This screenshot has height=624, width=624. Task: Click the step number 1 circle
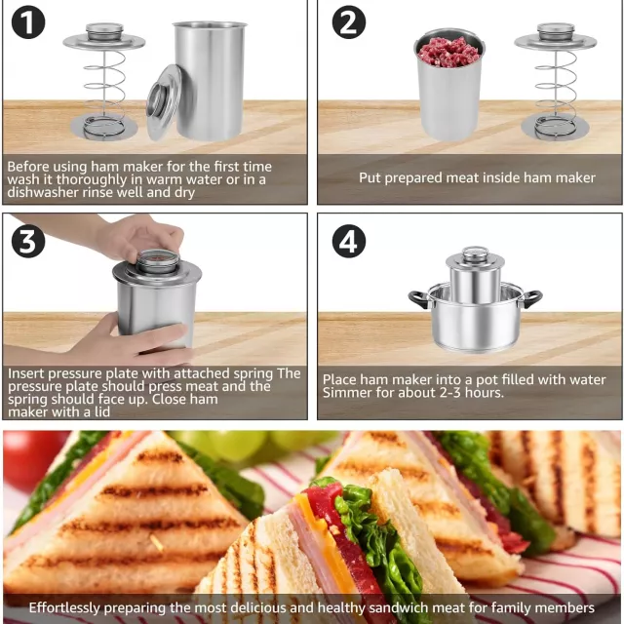click(x=28, y=22)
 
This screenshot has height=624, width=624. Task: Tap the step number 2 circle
click(x=349, y=22)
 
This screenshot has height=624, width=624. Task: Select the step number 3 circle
click(x=28, y=241)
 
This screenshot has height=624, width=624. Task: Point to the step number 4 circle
click(x=349, y=241)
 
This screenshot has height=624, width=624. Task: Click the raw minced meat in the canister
click(x=448, y=52)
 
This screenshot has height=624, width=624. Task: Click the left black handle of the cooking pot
click(x=418, y=298)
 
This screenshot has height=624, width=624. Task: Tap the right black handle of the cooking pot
click(x=532, y=298)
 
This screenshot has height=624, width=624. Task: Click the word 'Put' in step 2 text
click(x=370, y=177)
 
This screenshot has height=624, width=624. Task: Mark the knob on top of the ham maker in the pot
click(x=475, y=253)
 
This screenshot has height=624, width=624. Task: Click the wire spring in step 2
click(x=556, y=94)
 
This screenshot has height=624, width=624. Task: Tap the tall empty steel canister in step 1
click(x=209, y=80)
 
